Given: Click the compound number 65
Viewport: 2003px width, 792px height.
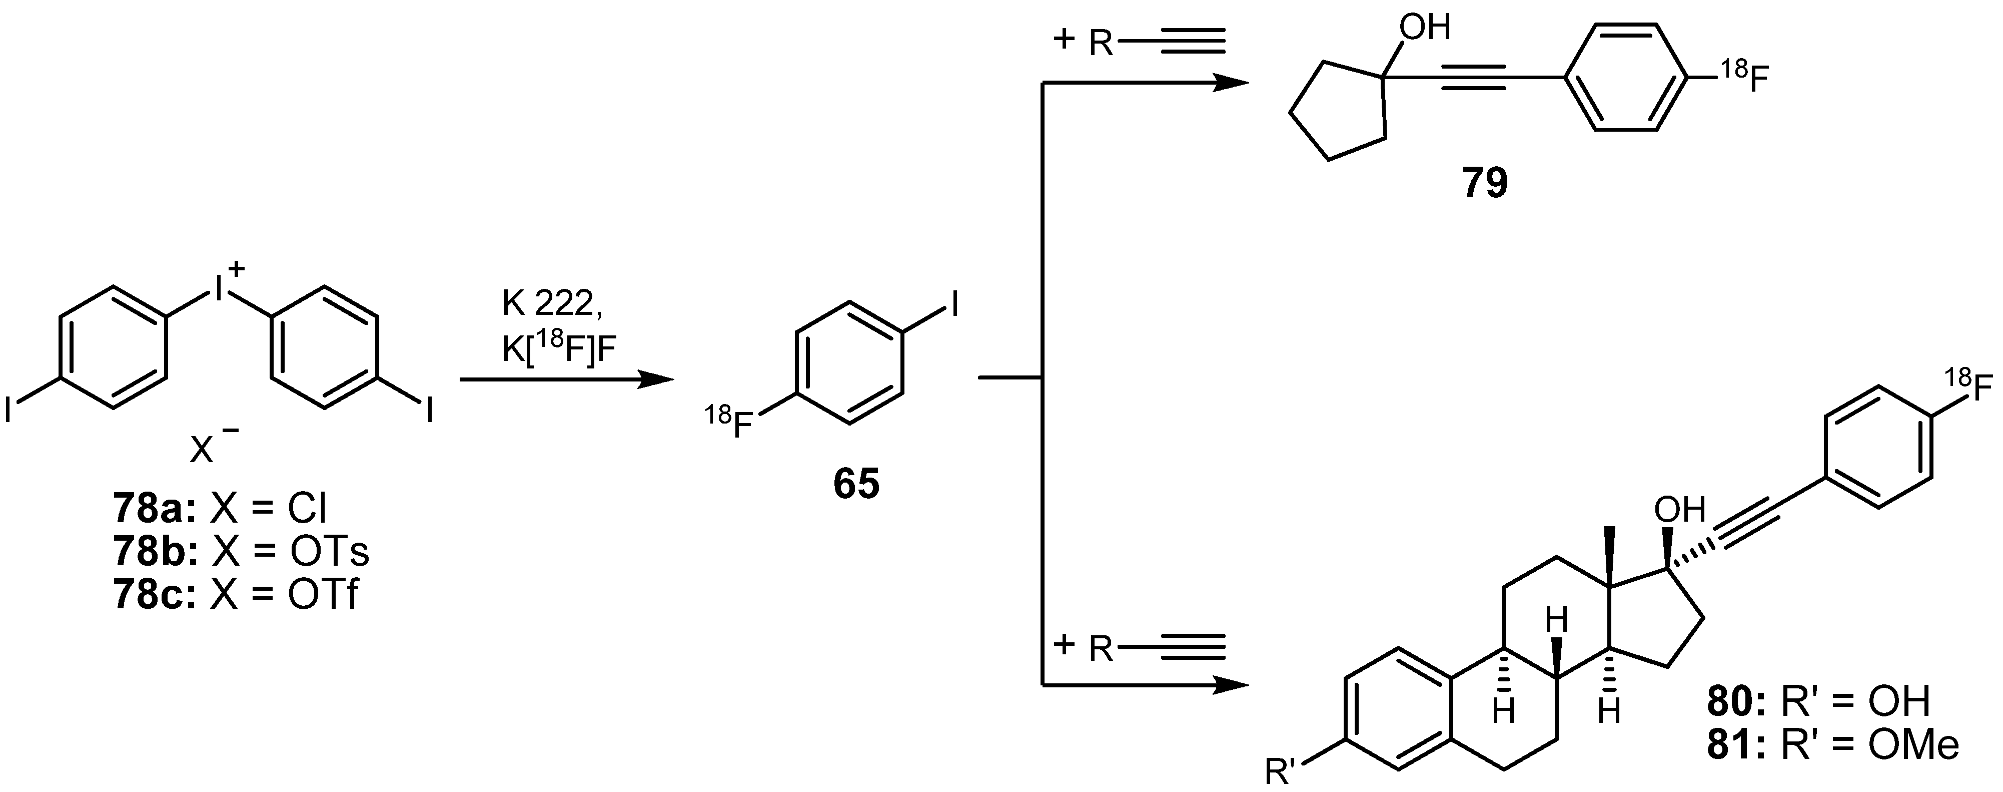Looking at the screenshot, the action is coord(856,484).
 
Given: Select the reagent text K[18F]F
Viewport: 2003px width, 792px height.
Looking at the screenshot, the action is coord(558,349).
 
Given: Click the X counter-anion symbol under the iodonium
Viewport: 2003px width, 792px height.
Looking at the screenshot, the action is coord(202,450).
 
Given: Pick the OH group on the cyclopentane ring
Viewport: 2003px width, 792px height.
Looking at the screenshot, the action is coord(1425,28).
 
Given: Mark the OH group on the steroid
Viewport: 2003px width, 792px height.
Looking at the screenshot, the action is coord(1679,510).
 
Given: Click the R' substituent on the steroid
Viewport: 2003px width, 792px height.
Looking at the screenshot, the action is coord(1284,772).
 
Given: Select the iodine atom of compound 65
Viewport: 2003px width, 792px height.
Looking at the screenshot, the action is coord(952,305).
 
